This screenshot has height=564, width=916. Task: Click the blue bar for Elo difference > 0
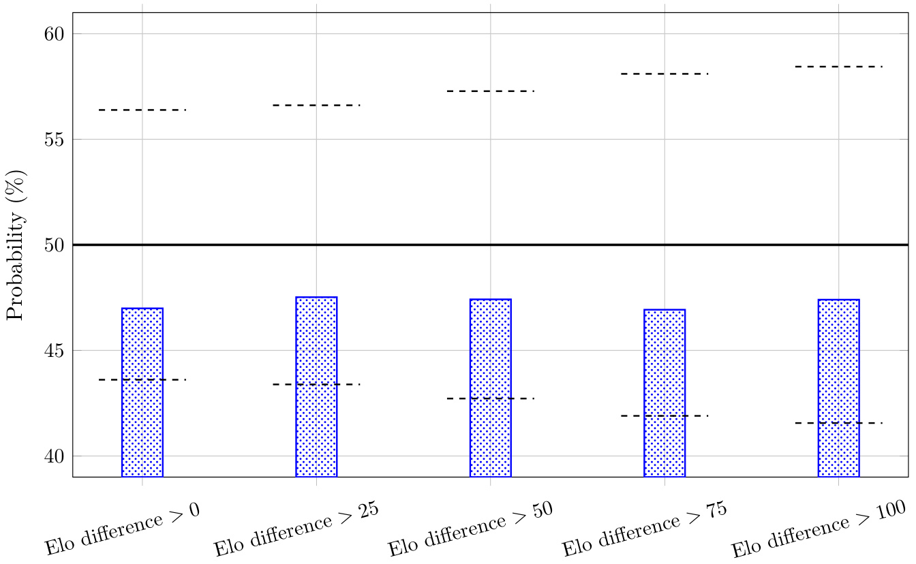click(142, 392)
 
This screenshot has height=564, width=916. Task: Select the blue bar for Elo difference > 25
click(316, 387)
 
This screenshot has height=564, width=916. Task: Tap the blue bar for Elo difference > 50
click(490, 388)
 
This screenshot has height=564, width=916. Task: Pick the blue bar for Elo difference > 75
click(665, 393)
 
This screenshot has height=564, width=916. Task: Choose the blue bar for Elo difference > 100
click(838, 388)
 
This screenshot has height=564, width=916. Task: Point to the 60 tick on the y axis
click(55, 34)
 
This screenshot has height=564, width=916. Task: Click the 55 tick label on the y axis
click(55, 140)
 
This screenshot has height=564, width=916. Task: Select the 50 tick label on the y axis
click(55, 245)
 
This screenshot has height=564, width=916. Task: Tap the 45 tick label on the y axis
click(55, 351)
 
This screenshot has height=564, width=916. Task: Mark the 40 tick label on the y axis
click(55, 456)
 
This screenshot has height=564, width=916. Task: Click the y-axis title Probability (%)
click(16, 245)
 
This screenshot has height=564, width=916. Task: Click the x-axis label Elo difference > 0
click(123, 527)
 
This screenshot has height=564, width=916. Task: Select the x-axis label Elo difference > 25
click(296, 529)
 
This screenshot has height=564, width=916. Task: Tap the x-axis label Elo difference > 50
click(470, 529)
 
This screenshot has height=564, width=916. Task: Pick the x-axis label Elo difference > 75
click(645, 529)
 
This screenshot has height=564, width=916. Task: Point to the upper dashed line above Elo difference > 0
click(142, 110)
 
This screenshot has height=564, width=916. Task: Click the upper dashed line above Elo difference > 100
click(838, 67)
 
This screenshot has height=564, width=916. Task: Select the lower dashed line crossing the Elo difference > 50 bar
click(490, 398)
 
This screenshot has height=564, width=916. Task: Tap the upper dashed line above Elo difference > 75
click(665, 74)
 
